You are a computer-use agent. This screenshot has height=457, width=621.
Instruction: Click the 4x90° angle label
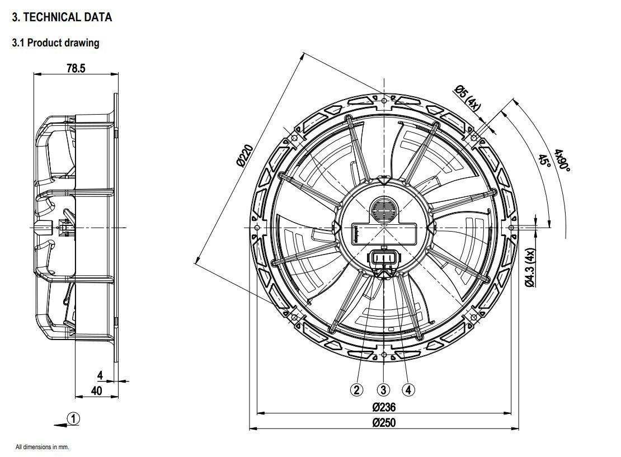561,161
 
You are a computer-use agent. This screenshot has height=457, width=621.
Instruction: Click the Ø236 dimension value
384,407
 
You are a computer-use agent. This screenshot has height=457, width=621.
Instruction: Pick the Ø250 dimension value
384,422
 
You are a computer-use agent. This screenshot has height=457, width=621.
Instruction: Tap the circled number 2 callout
357,390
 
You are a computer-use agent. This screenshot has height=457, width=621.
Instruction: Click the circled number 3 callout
383,390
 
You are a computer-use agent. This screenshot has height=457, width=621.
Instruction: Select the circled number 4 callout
409,390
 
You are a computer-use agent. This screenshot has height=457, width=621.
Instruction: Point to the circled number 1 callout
73,418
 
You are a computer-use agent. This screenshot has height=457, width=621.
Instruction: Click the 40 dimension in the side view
97,390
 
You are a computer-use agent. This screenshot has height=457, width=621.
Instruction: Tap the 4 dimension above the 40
100,375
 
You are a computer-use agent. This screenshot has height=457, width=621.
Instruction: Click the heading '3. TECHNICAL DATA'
62,17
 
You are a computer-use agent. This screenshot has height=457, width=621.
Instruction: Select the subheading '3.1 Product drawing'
55,43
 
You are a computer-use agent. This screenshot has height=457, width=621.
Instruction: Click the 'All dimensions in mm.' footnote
42,447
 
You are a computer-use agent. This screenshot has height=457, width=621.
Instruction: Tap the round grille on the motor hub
383,210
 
